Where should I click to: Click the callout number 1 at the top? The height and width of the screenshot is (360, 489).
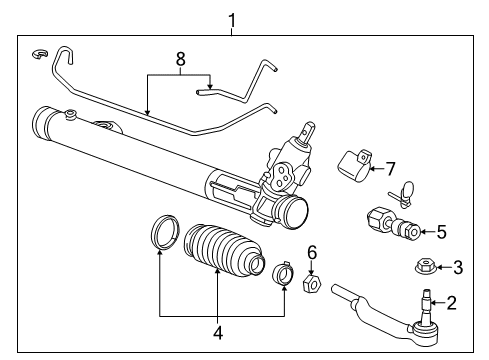(x=232, y=18)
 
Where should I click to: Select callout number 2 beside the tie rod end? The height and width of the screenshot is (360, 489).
(x=451, y=301)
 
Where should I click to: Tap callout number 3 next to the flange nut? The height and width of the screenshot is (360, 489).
(x=458, y=266)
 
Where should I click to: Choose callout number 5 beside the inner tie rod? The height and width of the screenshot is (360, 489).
(x=441, y=232)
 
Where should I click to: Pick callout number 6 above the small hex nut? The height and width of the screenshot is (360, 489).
(x=311, y=253)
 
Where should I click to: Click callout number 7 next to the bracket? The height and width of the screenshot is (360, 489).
(x=391, y=167)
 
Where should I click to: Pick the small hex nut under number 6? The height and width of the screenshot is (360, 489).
(x=311, y=285)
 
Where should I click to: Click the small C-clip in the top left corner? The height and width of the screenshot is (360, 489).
(x=39, y=53)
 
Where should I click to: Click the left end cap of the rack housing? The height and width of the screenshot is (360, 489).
(x=44, y=125)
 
